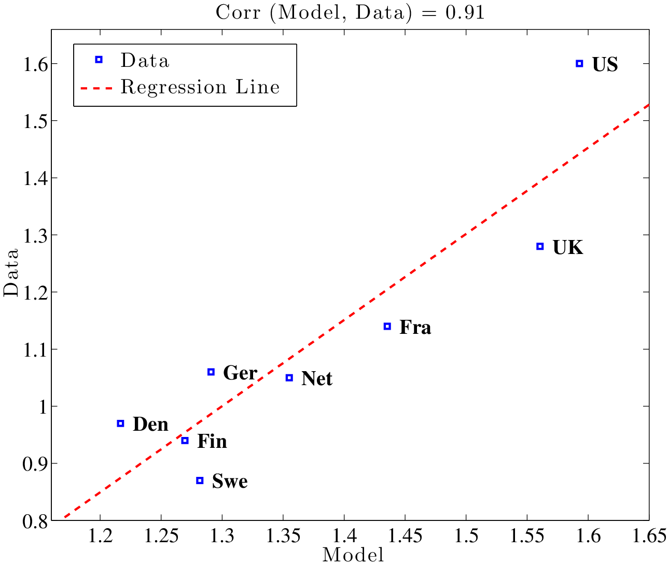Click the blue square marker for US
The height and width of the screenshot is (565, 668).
[579, 63]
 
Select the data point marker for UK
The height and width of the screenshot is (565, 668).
[540, 246]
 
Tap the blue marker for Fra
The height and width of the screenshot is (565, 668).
[387, 326]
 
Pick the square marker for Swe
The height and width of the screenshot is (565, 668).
[200, 481]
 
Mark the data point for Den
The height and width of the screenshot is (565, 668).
[120, 423]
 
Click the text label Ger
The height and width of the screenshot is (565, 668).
[240, 373]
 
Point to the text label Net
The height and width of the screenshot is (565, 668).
[316, 378]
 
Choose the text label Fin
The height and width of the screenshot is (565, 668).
[212, 441]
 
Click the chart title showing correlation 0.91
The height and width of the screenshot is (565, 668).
[350, 12]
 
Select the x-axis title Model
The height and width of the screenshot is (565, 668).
[353, 555]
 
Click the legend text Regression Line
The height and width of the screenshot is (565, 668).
[200, 87]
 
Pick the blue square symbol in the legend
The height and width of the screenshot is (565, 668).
[99, 60]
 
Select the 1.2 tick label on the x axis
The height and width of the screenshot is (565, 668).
[100, 535]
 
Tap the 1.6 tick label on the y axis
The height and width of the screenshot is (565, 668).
[35, 64]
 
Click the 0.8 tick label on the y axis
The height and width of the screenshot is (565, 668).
[35, 520]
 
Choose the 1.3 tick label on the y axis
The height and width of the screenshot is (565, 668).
[35, 235]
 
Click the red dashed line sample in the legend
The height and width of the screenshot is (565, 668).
[96, 88]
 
